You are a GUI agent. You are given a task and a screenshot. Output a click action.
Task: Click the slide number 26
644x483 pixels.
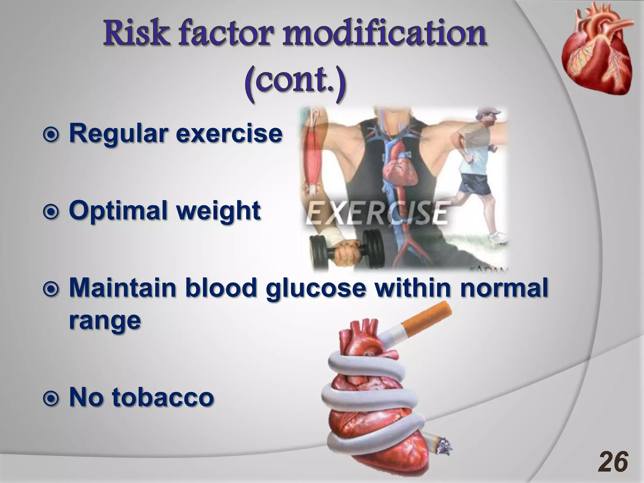pos(613,462)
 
